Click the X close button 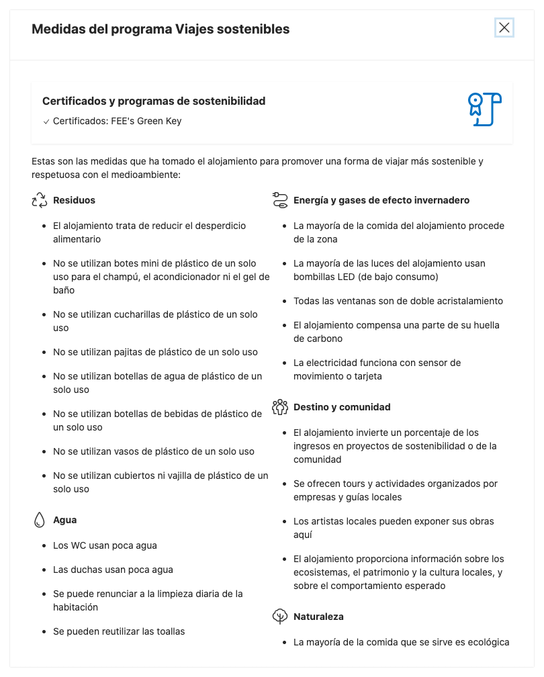pyautogui.click(x=504, y=28)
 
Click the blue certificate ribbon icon pyautogui.click(x=484, y=109)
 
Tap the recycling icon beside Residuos pyautogui.click(x=40, y=200)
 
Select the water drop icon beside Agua pyautogui.click(x=40, y=520)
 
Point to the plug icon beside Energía pyautogui.click(x=280, y=200)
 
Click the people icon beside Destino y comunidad pyautogui.click(x=280, y=407)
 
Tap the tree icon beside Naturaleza pyautogui.click(x=280, y=617)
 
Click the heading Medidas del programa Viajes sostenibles pyautogui.click(x=161, y=29)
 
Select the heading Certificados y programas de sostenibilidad pyautogui.click(x=154, y=101)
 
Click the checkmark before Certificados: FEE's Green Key pyautogui.click(x=46, y=122)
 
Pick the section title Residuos pyautogui.click(x=74, y=200)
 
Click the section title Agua pyautogui.click(x=65, y=520)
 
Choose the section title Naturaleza pyautogui.click(x=318, y=617)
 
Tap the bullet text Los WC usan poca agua pyautogui.click(x=105, y=545)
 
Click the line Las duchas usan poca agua pyautogui.click(x=113, y=570)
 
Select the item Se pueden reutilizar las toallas pyautogui.click(x=119, y=631)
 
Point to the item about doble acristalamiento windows pyautogui.click(x=398, y=301)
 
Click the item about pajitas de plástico pyautogui.click(x=155, y=352)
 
